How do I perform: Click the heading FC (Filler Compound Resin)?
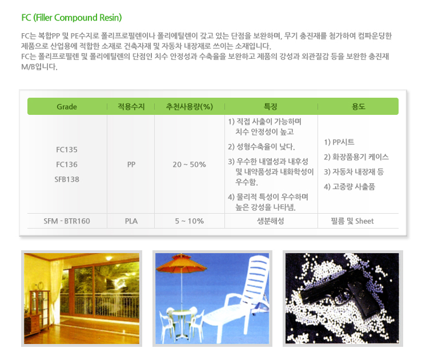(71, 18)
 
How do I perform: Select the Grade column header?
(67, 107)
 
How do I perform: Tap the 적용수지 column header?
(131, 106)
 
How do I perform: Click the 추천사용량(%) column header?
(190, 106)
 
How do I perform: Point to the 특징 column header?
(270, 106)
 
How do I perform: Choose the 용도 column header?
(359, 106)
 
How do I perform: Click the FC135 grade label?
(67, 150)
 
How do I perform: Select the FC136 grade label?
(67, 165)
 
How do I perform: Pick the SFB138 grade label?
(67, 179)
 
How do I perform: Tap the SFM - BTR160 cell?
(67, 221)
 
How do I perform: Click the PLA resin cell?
(131, 221)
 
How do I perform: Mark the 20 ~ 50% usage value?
(190, 165)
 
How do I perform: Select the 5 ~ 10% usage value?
(190, 221)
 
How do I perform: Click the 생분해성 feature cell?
(271, 221)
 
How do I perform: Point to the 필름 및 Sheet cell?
(352, 221)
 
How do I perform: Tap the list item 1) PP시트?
(339, 142)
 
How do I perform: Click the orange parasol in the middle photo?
(181, 263)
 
